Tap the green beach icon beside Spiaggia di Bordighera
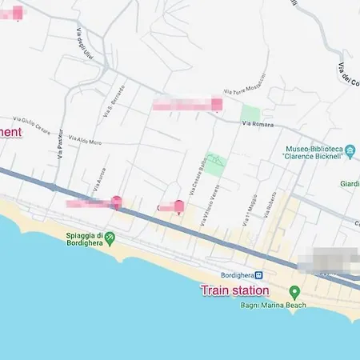110,238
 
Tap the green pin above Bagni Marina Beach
294,292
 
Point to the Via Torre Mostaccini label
245,94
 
